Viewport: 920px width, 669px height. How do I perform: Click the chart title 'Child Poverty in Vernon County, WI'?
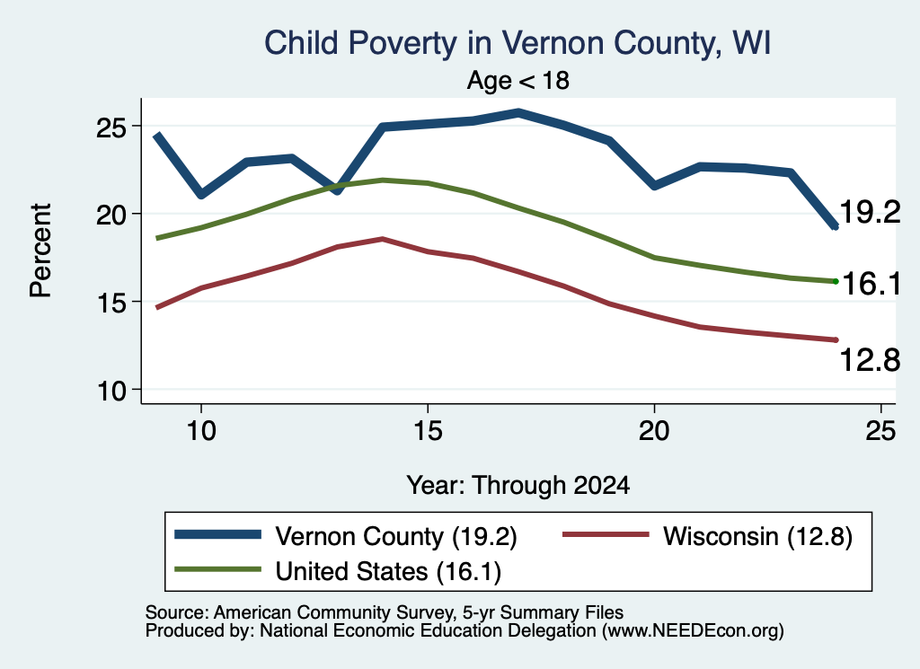tap(517, 43)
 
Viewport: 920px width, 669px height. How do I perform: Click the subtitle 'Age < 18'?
tap(518, 80)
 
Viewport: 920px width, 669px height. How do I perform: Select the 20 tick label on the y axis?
tap(111, 216)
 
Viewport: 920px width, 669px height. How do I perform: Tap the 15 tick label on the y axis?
tap(111, 304)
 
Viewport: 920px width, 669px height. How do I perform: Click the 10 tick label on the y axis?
tap(111, 392)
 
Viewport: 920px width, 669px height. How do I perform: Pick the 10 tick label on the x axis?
tap(201, 431)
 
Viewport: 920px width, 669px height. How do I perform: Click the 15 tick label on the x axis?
tap(428, 431)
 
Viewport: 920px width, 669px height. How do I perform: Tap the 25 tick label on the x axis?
tap(880, 431)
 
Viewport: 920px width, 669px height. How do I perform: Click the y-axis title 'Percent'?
tap(41, 251)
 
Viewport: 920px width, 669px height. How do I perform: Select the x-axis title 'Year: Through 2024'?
tap(518, 486)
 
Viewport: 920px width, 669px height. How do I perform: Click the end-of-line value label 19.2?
tap(870, 212)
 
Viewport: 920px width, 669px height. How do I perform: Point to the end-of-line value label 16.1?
tap(871, 284)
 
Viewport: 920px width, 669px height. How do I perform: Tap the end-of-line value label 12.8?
tap(870, 359)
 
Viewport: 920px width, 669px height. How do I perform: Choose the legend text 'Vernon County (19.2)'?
tap(396, 536)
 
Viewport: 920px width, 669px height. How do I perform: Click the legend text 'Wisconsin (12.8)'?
tap(757, 536)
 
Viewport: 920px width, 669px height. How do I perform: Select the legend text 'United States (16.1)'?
tap(388, 571)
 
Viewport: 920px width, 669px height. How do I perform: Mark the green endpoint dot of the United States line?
tap(836, 281)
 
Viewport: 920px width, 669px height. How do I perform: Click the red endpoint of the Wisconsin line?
tap(836, 340)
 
